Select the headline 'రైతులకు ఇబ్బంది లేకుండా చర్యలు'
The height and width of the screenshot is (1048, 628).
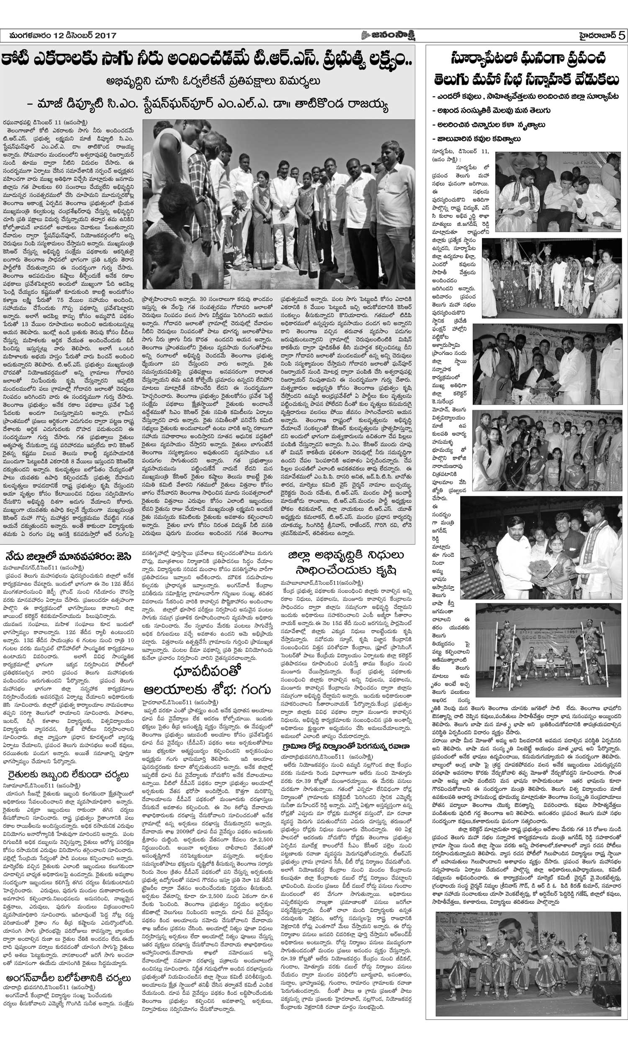(68, 774)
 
